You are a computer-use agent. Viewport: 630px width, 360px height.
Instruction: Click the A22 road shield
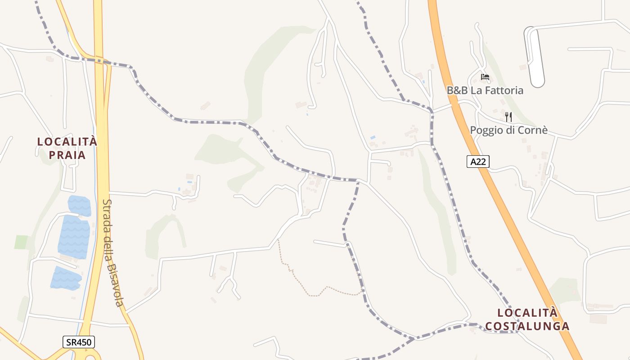pos(477,162)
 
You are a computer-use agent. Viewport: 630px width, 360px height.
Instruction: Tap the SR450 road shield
pos(79,342)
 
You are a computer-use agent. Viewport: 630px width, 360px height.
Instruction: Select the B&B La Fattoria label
pos(485,90)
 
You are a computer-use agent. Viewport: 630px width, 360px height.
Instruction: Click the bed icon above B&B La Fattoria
pos(485,77)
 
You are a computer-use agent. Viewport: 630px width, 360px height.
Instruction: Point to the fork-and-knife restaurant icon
pos(508,117)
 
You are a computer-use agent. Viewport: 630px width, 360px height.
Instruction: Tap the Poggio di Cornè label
pos(508,130)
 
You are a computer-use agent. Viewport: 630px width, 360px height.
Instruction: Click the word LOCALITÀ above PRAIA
pos(67,141)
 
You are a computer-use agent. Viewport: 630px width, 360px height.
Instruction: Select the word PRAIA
pos(67,155)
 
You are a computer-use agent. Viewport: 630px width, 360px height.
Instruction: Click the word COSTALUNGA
pos(527,326)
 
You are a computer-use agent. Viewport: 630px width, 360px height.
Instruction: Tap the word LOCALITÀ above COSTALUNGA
pos(527,313)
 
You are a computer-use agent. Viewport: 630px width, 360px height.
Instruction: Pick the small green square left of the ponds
pos(21,242)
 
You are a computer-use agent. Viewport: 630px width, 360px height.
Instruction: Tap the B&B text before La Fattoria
pos(457,90)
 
